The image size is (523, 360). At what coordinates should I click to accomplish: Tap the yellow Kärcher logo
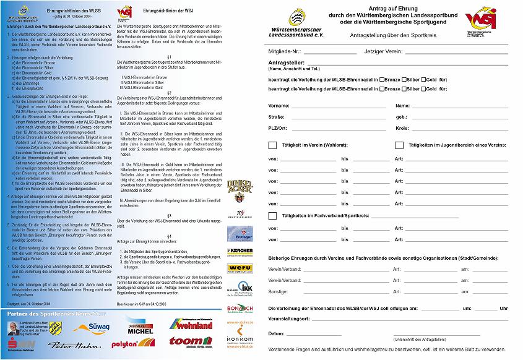(x=240, y=251)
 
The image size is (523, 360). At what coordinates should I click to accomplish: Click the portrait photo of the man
(x=14, y=327)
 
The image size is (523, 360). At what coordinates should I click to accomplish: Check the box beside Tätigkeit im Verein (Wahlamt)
(x=272, y=145)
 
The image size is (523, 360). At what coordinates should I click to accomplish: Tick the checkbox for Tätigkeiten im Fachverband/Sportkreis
(x=272, y=216)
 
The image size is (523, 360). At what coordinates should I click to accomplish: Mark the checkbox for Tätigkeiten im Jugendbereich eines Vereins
(x=399, y=145)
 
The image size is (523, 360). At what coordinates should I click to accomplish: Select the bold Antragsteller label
(x=287, y=63)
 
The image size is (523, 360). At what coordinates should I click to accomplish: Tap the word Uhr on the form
(x=504, y=307)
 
